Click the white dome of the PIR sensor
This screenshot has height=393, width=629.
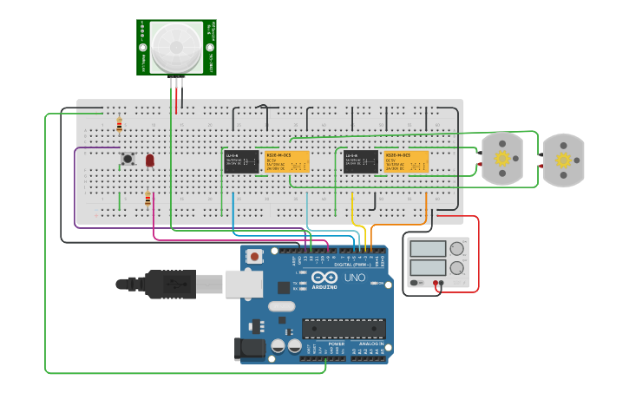click(176, 48)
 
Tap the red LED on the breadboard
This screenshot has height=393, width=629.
click(150, 160)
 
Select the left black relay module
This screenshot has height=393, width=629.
click(241, 161)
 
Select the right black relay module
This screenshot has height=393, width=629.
click(361, 161)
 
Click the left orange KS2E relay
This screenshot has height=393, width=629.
click(287, 161)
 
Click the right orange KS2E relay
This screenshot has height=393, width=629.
click(406, 161)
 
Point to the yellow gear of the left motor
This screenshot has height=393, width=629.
click(502, 159)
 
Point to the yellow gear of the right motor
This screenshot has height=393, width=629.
click(564, 160)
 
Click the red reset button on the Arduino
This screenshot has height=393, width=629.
click(254, 257)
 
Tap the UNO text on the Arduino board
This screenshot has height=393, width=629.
click(355, 278)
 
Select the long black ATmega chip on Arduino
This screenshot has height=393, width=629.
click(344, 328)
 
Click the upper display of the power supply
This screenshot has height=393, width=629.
click(427, 249)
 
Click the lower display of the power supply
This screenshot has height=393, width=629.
click(427, 268)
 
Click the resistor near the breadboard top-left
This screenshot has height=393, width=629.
click(119, 126)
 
